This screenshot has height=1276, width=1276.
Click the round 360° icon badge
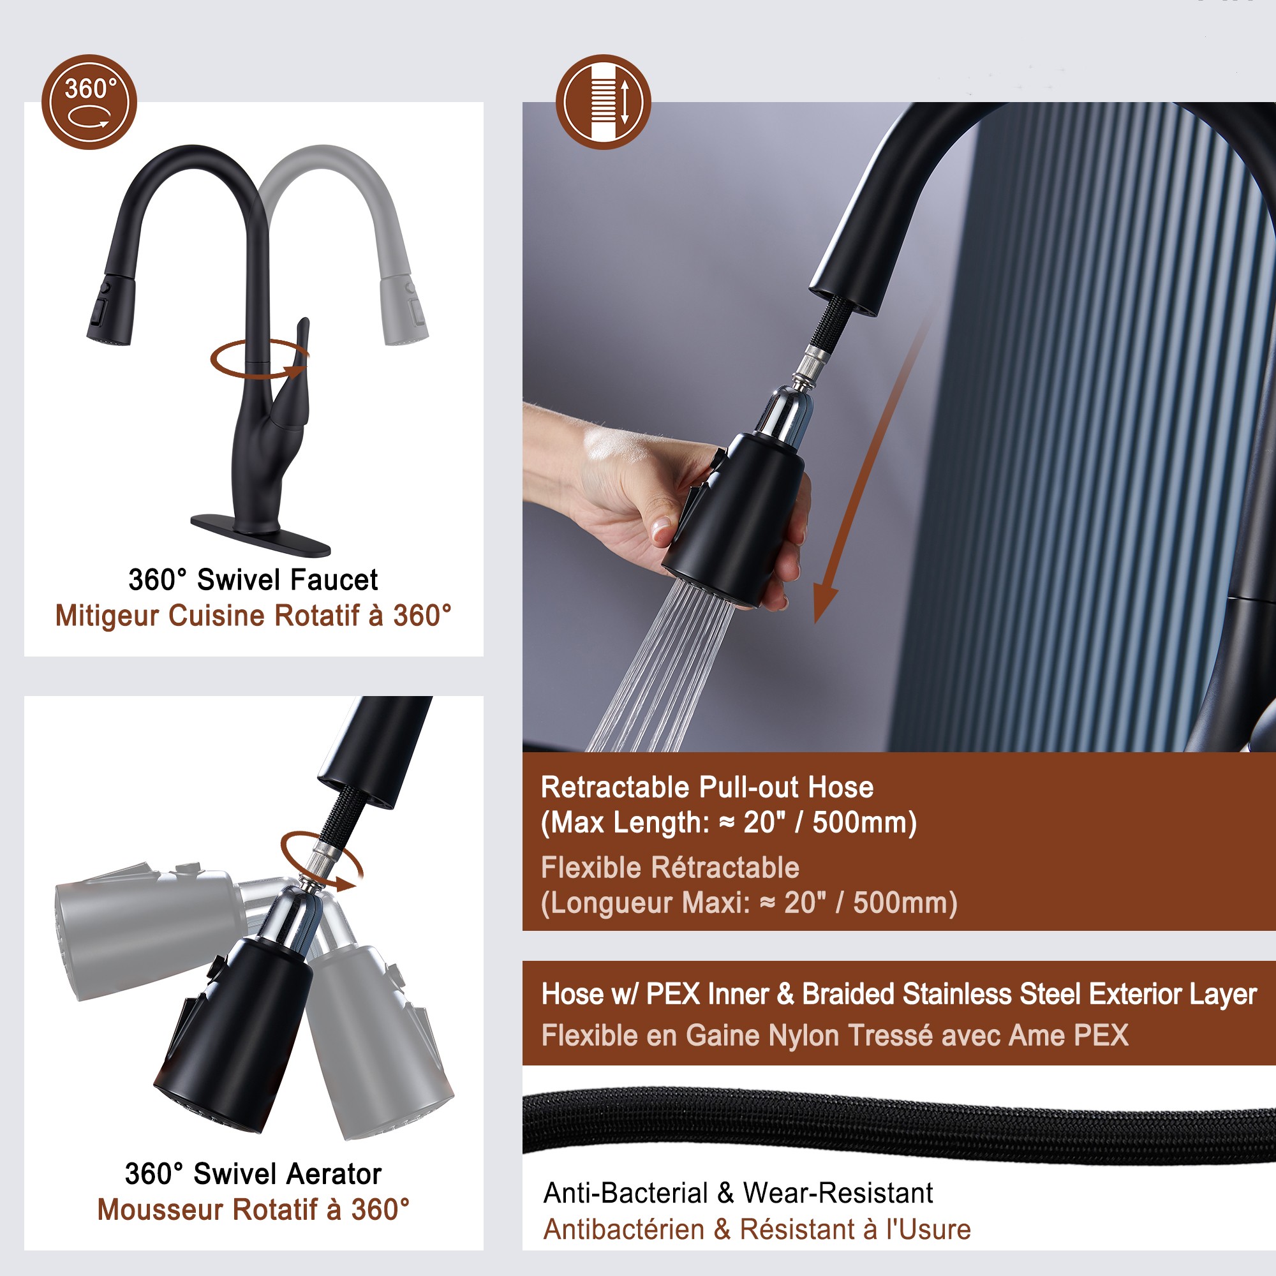89,101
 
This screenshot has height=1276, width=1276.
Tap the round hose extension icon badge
603,101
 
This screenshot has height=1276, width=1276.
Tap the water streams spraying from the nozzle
660,667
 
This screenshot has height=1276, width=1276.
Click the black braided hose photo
898,1124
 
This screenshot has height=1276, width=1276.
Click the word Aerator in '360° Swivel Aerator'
334,1175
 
